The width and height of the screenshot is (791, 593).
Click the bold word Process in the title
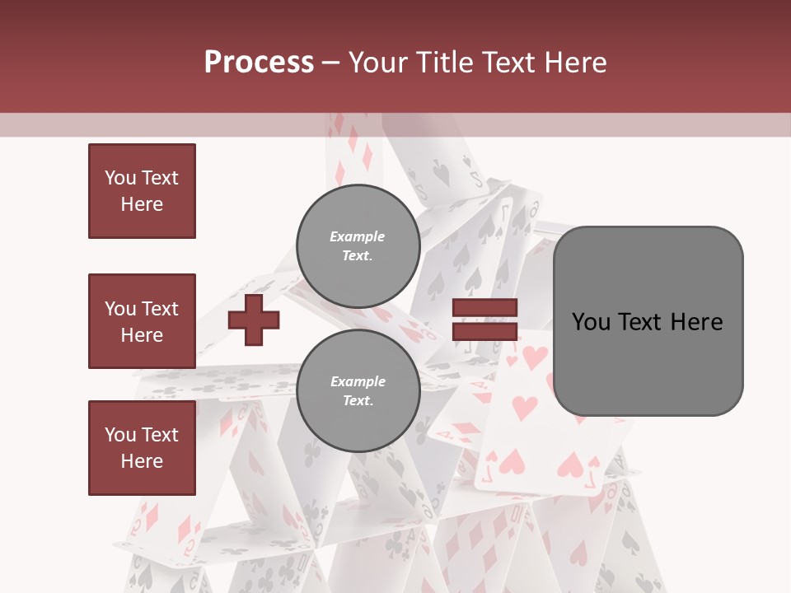pyautogui.click(x=259, y=63)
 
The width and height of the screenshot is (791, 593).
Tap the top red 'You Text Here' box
pyautogui.click(x=142, y=191)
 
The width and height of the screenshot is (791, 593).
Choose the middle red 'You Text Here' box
pyautogui.click(x=142, y=321)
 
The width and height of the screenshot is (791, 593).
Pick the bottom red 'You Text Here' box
pyautogui.click(x=142, y=448)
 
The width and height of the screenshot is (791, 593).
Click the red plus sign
pyautogui.click(x=254, y=321)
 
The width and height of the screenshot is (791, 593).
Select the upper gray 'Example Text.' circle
pyautogui.click(x=358, y=245)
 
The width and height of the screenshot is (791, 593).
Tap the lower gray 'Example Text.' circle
pyautogui.click(x=358, y=390)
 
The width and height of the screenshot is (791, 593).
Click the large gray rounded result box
pyautogui.click(x=648, y=321)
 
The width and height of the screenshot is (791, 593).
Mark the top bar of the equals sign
pyautogui.click(x=484, y=309)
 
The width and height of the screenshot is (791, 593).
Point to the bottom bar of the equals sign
pyautogui.click(x=484, y=331)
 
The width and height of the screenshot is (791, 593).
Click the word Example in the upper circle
pyautogui.click(x=357, y=236)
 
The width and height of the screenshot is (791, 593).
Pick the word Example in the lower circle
pyautogui.click(x=358, y=381)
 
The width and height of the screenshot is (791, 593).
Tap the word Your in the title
pyautogui.click(x=375, y=63)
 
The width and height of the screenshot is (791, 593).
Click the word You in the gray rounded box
pyautogui.click(x=592, y=322)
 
